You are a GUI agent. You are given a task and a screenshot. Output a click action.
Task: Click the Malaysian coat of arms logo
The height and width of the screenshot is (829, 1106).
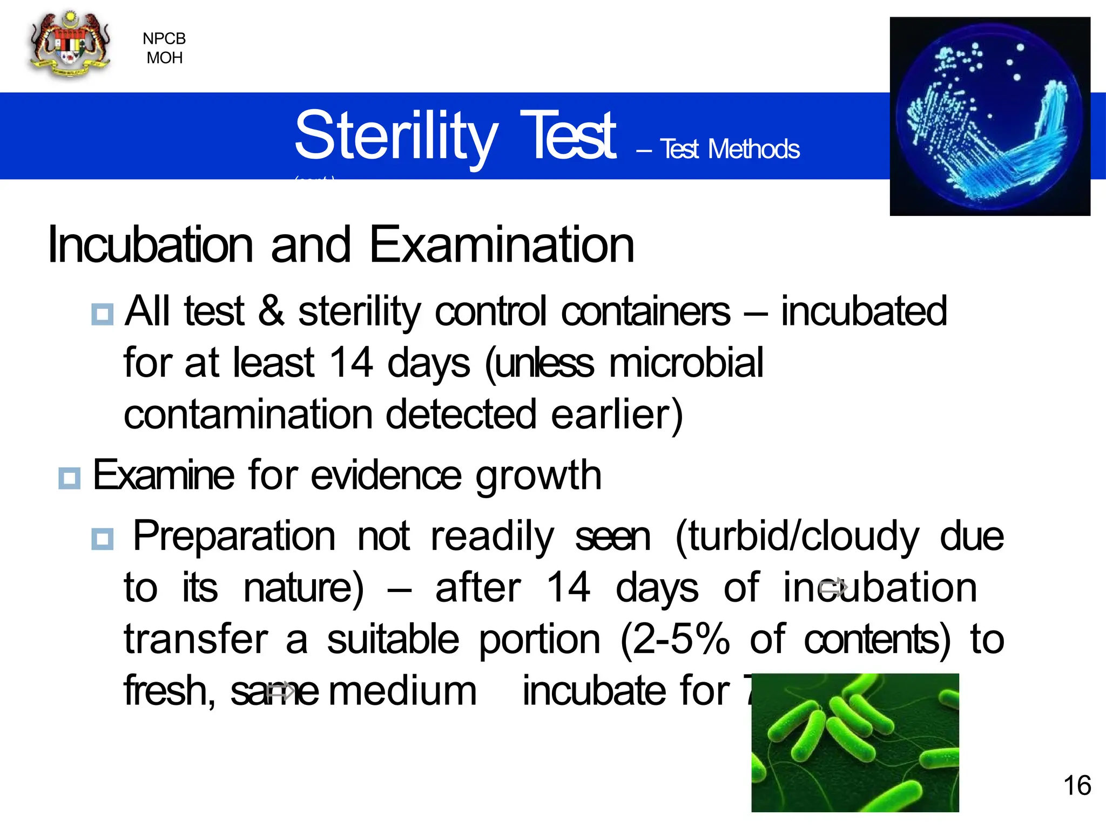[70, 46]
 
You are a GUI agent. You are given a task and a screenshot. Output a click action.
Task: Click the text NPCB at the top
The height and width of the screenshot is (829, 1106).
[164, 39]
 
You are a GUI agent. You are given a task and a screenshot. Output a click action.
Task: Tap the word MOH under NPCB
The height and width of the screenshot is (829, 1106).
[165, 58]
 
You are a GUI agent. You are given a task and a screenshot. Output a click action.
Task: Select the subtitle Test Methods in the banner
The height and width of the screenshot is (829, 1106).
[729, 150]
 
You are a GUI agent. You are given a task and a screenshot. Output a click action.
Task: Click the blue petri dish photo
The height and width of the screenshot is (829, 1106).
[989, 117]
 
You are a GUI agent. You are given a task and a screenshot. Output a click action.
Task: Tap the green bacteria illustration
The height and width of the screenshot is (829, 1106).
[855, 743]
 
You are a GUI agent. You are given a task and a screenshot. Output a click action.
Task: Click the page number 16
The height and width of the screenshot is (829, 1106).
[1077, 786]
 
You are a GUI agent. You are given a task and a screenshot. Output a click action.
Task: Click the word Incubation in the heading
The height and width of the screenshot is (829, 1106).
[151, 246]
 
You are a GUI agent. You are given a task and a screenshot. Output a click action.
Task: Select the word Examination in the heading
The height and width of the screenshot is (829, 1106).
[502, 246]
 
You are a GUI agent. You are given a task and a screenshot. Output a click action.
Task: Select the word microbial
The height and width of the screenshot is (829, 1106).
[686, 363]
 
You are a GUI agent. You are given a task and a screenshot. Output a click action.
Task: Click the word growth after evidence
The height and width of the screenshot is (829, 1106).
[538, 476]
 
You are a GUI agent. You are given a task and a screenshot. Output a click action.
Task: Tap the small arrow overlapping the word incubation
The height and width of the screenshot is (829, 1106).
[833, 588]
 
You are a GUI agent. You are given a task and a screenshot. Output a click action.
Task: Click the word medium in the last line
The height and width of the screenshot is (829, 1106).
[403, 692]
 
